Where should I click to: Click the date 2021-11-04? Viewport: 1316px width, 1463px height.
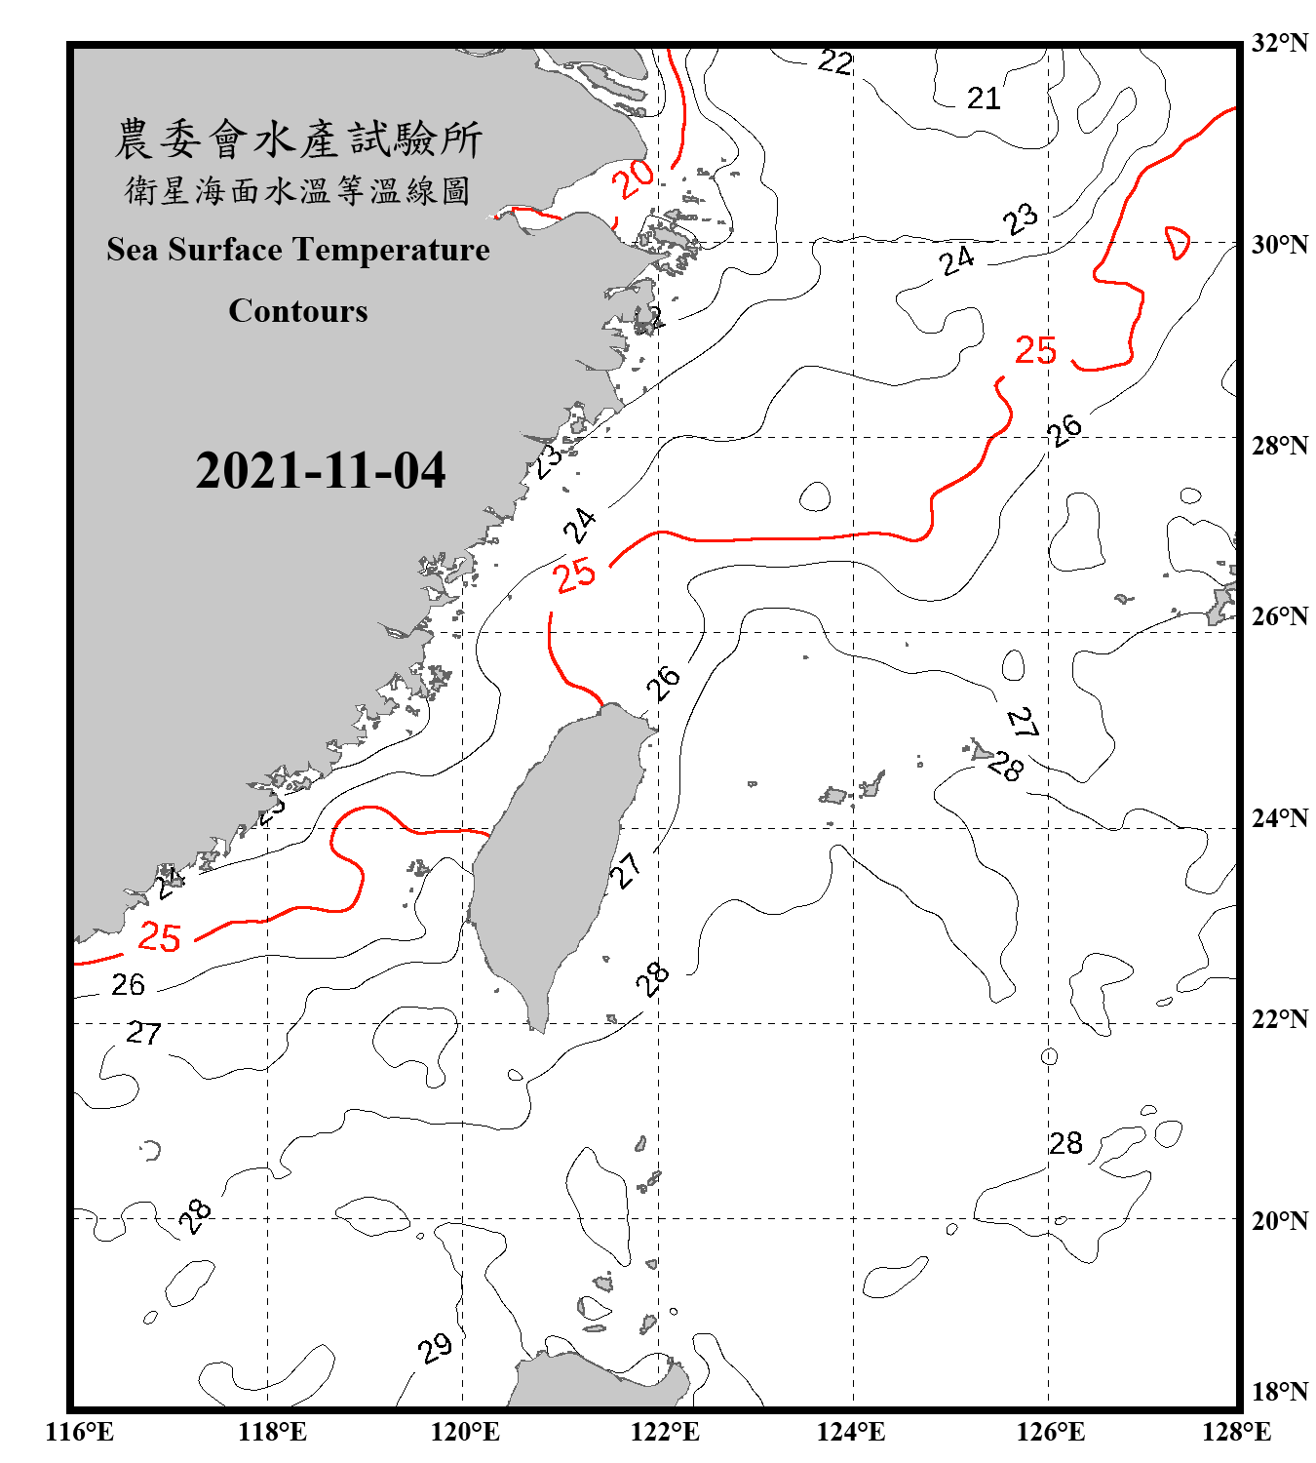(x=321, y=471)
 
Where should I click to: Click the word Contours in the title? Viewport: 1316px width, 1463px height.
(x=298, y=311)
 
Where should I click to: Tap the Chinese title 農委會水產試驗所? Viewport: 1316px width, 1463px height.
(x=298, y=139)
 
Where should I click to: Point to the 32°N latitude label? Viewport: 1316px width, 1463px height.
(x=1279, y=43)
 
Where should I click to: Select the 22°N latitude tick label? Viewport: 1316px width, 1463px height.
(x=1279, y=1019)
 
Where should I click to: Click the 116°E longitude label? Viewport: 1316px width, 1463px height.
(x=80, y=1432)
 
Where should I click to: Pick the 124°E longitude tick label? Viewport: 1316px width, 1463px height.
(x=851, y=1432)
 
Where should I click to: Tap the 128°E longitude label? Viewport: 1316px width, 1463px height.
(x=1236, y=1432)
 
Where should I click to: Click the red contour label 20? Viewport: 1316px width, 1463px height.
(x=634, y=178)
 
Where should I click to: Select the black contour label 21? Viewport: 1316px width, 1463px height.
(x=984, y=99)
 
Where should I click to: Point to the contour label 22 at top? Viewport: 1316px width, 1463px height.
(x=835, y=62)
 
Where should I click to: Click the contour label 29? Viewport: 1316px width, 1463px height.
(x=435, y=1349)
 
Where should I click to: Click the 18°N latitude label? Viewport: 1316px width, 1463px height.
(x=1279, y=1392)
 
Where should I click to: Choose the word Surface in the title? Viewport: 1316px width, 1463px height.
(x=225, y=250)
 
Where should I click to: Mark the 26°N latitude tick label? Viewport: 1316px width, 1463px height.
(x=1279, y=616)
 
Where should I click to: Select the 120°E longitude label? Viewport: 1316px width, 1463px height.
(x=465, y=1432)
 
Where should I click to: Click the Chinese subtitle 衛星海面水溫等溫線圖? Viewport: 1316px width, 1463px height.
(x=298, y=191)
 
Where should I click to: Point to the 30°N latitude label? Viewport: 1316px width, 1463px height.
(x=1279, y=244)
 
